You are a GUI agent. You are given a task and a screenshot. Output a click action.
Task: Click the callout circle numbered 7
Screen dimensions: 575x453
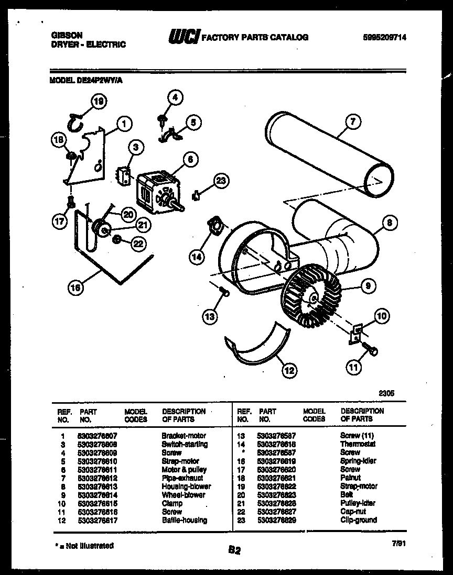click(x=353, y=123)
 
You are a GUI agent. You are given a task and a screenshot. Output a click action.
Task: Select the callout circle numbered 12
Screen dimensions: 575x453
click(x=288, y=371)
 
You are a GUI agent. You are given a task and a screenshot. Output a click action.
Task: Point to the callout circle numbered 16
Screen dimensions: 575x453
click(x=77, y=286)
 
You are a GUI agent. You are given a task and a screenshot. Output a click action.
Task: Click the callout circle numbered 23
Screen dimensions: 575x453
click(x=221, y=181)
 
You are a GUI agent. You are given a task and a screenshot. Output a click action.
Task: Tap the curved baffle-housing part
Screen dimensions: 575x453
click(x=257, y=346)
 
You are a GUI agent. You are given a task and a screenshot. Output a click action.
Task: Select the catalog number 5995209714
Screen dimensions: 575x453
click(x=385, y=37)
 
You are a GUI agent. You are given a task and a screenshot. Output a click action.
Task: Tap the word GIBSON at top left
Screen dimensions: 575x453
click(x=67, y=35)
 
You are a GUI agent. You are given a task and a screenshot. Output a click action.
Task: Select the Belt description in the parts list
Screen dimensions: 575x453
click(x=347, y=494)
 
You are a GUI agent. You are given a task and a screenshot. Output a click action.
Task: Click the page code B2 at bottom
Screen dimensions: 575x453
click(x=234, y=550)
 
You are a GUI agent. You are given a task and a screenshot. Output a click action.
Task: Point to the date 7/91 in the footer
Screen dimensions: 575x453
click(x=398, y=545)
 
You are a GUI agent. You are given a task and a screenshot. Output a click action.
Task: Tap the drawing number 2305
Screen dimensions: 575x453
click(x=386, y=392)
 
